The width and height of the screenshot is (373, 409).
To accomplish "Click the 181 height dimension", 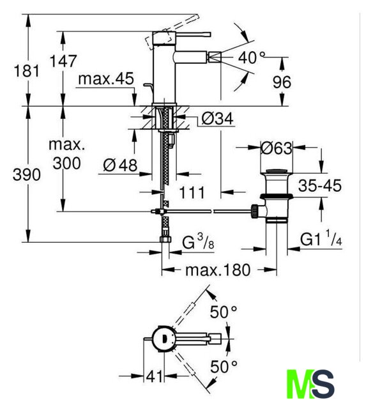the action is click(26, 71).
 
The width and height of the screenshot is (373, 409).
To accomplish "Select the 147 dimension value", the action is click(63, 61).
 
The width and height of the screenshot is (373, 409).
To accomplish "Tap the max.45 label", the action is click(106, 79).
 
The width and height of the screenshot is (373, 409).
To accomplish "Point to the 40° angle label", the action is click(252, 58).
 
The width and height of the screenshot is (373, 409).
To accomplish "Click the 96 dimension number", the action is click(282, 82).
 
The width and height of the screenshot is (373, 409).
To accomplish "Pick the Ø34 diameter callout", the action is click(217, 119).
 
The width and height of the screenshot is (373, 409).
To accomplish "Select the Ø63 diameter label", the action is click(277, 148).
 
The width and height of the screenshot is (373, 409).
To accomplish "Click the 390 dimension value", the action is click(27, 174).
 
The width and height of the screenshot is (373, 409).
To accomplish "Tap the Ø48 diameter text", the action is click(120, 165).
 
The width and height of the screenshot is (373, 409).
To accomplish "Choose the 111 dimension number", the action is click(192, 193).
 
